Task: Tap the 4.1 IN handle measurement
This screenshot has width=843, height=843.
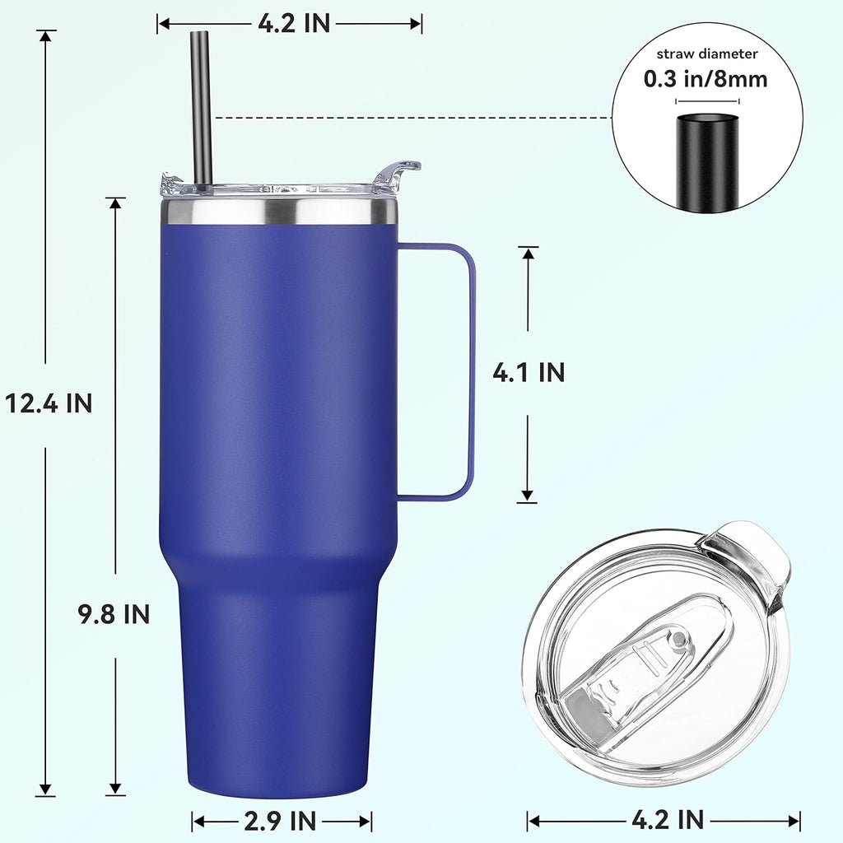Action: pos(529,372)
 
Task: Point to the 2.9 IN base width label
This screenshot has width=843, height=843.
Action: pos(282,820)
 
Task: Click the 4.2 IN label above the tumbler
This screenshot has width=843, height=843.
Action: pos(294,24)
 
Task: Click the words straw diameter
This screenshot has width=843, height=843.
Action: pos(706,54)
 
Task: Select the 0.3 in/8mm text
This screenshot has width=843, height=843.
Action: pos(706,79)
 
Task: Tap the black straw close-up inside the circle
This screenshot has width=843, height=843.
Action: pos(707,161)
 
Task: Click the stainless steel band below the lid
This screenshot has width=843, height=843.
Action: pos(280,212)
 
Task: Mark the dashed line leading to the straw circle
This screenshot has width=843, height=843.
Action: pos(412,118)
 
